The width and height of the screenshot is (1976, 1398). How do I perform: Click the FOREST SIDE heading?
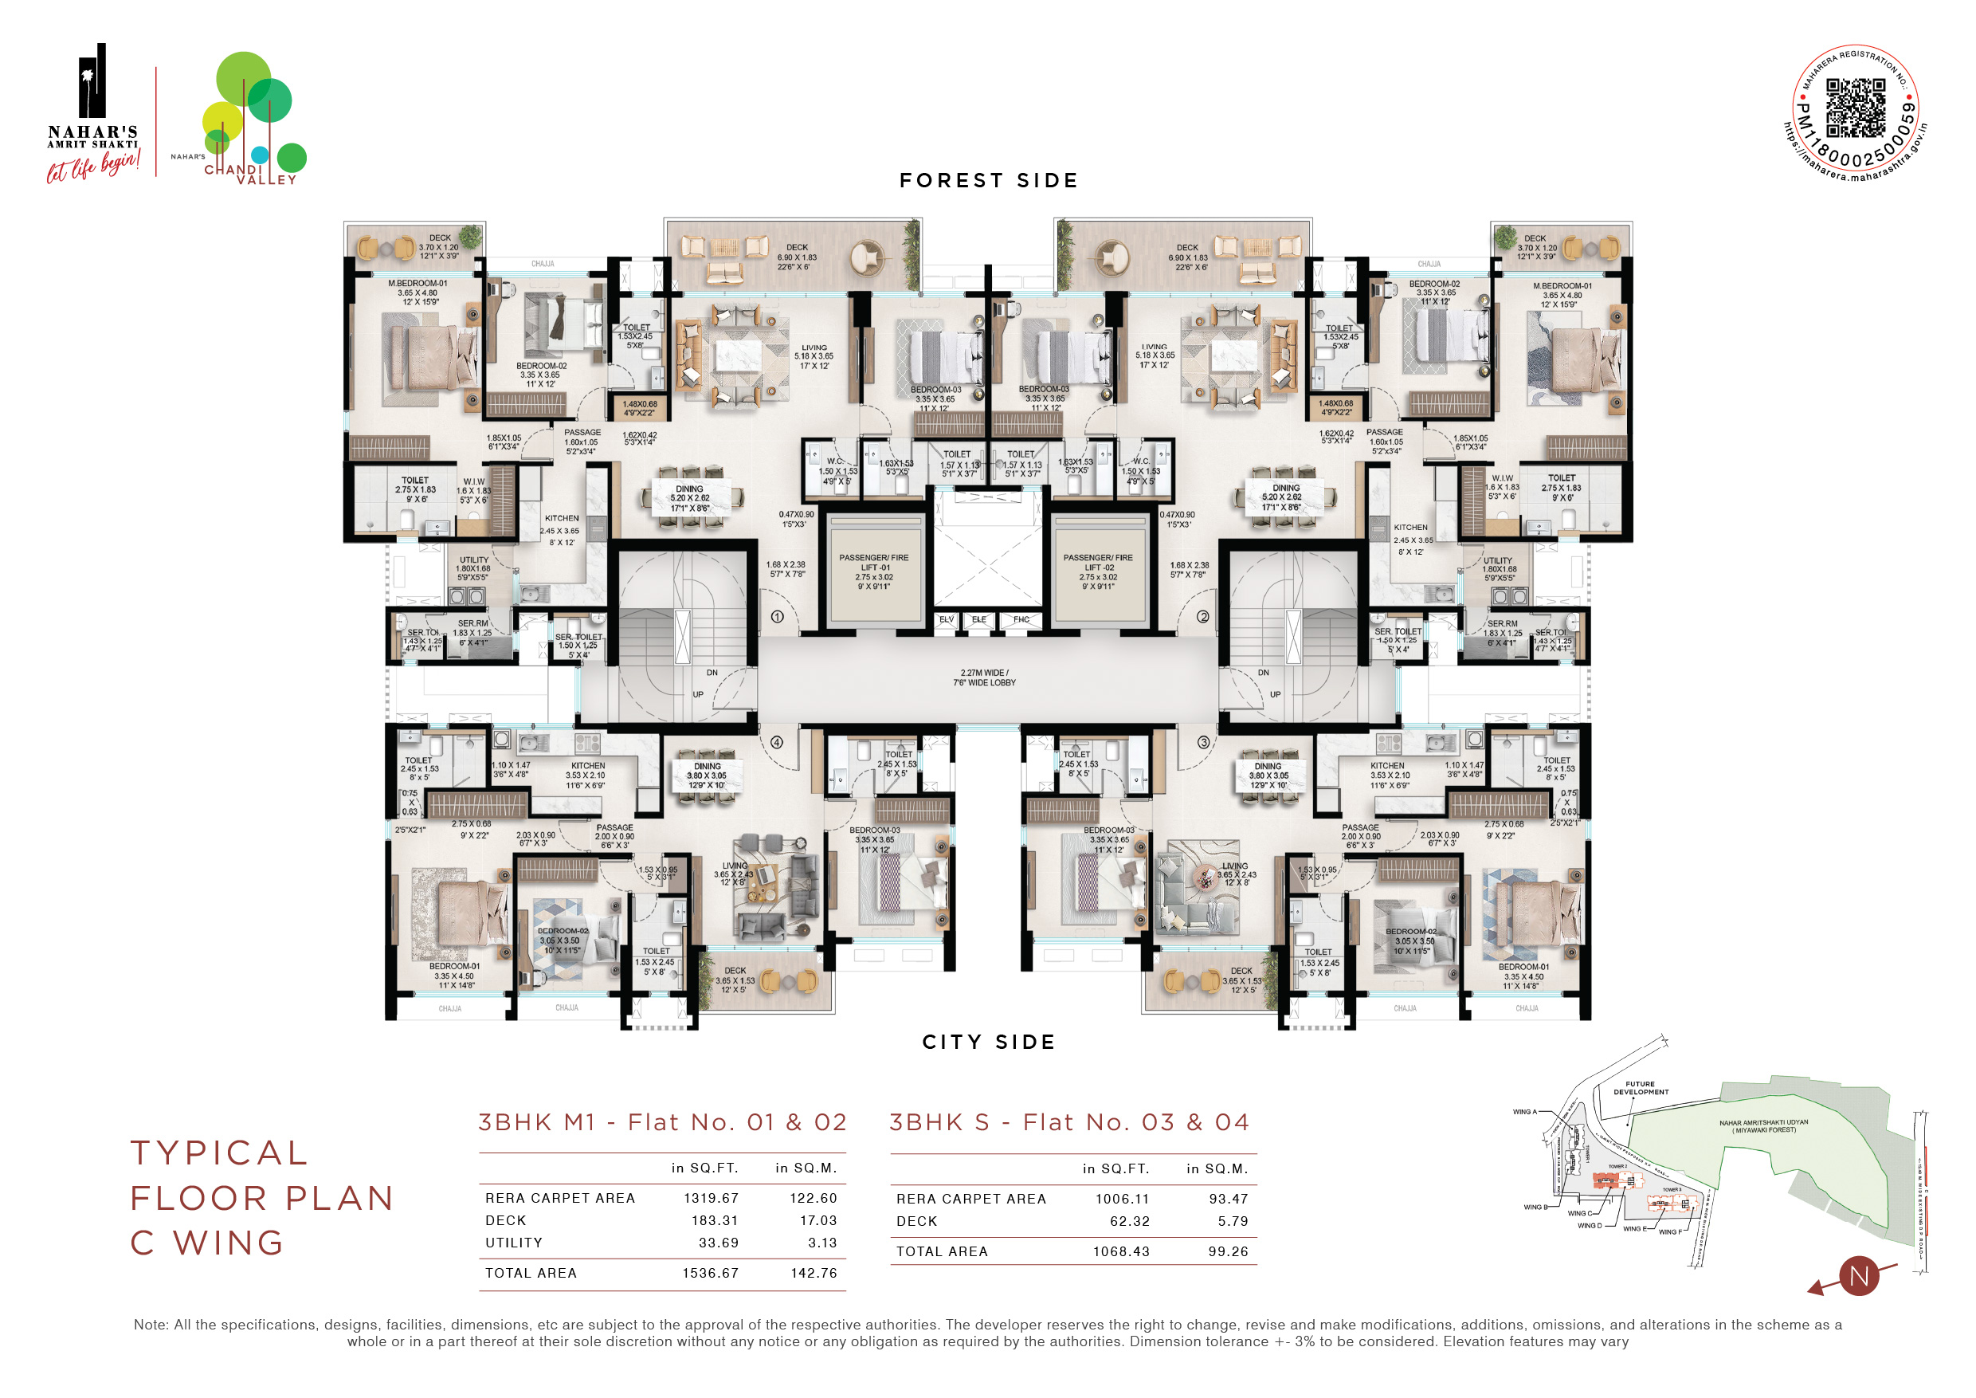coord(988,181)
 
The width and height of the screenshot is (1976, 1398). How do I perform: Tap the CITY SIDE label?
coord(988,1043)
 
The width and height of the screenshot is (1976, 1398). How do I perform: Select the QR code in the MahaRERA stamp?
coord(1856,108)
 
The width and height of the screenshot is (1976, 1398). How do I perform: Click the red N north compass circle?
coord(1859,1276)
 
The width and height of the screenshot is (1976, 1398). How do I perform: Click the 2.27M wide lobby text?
coord(984,677)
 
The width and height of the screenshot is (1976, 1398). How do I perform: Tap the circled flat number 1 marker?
coord(777,616)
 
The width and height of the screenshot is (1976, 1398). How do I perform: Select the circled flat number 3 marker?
coord(1203,742)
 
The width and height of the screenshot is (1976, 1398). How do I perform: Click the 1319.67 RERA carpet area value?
coord(711,1198)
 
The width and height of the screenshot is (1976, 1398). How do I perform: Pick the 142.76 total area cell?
coord(814,1273)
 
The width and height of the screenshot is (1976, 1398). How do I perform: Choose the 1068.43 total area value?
coord(1120,1251)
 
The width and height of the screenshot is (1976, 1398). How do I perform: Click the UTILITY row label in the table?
coord(514,1243)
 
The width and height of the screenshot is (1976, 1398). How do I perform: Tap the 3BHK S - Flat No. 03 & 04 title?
coord(1069,1122)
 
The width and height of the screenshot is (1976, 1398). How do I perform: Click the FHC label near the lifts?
coord(1021,620)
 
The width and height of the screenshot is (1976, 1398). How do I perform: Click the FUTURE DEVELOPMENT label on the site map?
coord(1641,1088)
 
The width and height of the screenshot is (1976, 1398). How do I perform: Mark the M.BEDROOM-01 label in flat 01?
coord(418,283)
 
